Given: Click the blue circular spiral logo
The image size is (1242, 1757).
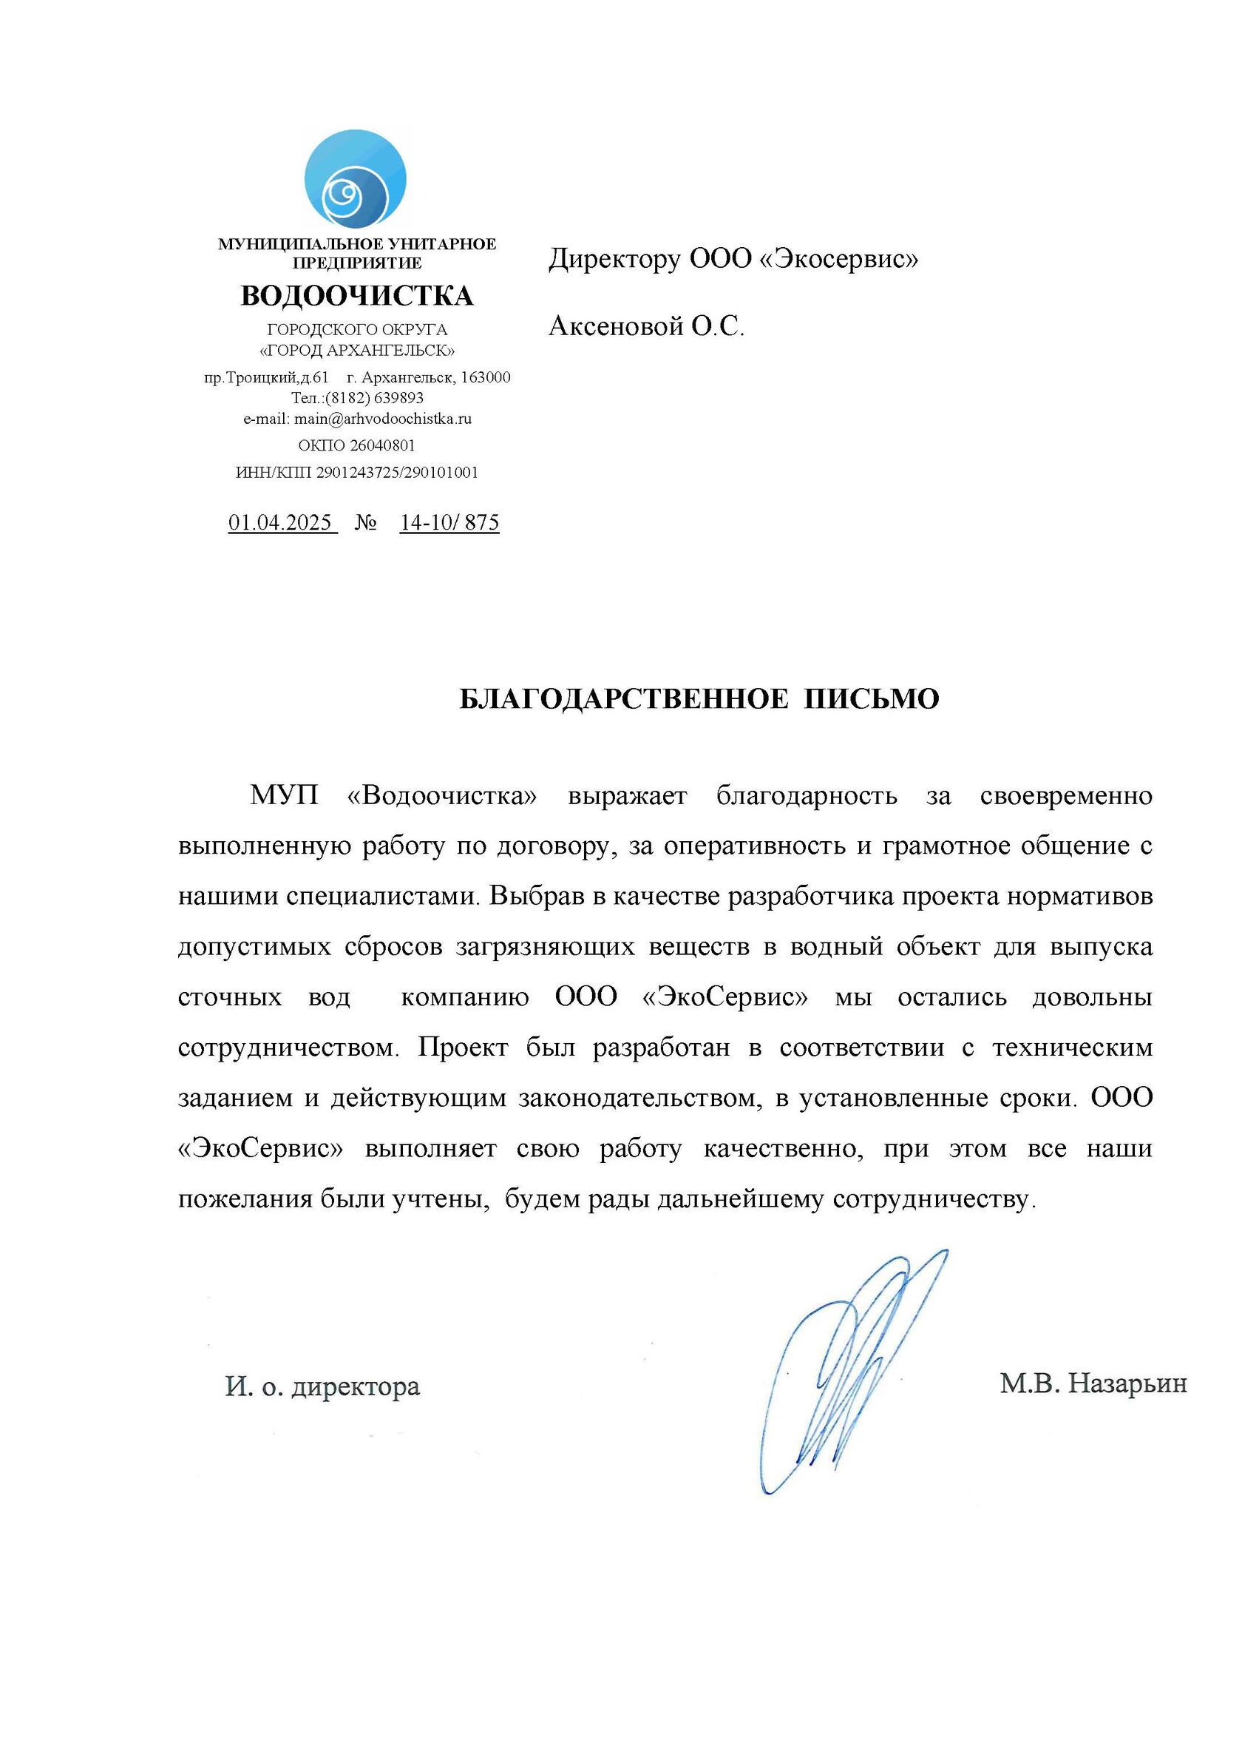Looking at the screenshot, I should [356, 179].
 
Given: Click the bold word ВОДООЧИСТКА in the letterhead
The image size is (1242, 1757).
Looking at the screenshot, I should [357, 296].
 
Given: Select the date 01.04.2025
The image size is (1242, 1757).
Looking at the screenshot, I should [281, 523].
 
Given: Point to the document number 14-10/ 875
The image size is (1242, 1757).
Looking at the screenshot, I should [449, 523].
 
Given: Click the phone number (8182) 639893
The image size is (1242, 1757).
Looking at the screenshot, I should [374, 398].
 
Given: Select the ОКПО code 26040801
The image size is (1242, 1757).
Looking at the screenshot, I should [382, 445].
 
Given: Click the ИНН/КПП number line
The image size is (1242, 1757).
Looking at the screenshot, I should [357, 473].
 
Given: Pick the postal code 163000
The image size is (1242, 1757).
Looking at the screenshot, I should [486, 377].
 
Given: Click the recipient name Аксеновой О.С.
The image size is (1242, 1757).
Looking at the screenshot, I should [646, 327].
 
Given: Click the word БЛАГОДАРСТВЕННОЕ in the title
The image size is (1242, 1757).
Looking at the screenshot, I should [623, 698].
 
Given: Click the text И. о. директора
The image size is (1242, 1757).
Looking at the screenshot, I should [323, 1386].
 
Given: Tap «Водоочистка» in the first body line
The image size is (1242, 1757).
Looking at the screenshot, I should [442, 796].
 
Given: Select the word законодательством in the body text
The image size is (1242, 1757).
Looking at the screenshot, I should [639, 1098].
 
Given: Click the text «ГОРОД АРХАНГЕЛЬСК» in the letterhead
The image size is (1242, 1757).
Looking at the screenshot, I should [357, 351].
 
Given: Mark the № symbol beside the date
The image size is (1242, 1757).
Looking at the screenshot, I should [367, 524].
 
